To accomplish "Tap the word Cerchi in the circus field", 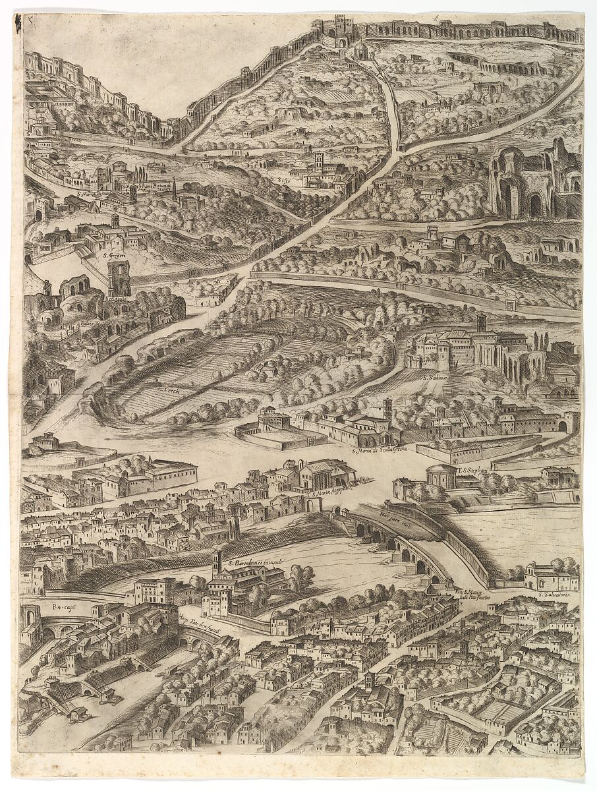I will (x=173, y=390).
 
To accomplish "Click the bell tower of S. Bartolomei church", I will (x=216, y=564).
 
